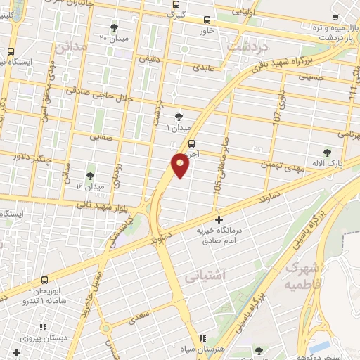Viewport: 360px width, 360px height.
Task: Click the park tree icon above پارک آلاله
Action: tap(327, 153)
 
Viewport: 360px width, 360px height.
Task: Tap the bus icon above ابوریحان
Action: tap(45, 280)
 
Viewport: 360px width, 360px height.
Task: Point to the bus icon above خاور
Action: tap(207, 20)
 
